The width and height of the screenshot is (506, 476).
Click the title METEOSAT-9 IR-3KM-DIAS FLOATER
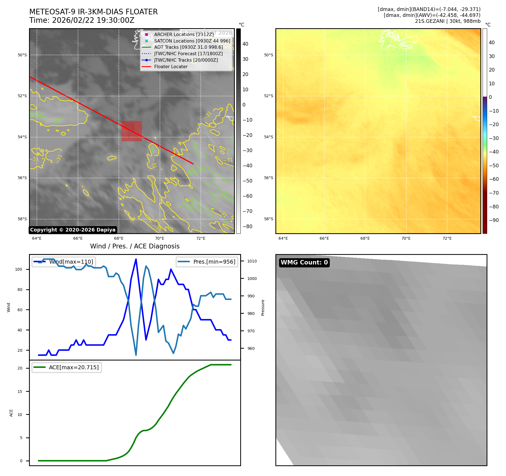tap(93, 12)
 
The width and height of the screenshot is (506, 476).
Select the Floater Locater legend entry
tap(171, 67)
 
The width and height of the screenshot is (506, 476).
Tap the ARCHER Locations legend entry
tap(184, 34)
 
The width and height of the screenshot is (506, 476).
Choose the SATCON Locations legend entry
tap(192, 41)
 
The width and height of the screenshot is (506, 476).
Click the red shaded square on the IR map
tap(131, 131)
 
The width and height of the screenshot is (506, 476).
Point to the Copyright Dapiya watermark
tap(73, 230)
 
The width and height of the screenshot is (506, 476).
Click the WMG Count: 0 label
tap(304, 263)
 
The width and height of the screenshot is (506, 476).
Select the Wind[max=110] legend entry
tap(71, 262)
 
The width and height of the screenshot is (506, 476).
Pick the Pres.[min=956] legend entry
tap(214, 262)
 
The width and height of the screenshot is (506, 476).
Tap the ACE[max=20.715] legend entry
tap(74, 367)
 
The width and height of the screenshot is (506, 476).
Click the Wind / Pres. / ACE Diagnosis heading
tap(135, 246)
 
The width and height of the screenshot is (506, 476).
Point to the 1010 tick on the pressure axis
tap(252, 261)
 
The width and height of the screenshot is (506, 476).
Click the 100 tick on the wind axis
tap(19, 269)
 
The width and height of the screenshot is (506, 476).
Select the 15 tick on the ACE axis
tap(20, 392)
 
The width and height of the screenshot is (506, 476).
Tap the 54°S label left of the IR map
tap(22, 137)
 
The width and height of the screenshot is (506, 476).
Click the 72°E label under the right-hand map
tap(447, 238)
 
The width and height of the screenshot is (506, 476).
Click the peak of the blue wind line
tap(136, 259)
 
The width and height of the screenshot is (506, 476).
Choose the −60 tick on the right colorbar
tap(494, 179)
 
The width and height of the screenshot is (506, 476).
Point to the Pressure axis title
tap(263, 308)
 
